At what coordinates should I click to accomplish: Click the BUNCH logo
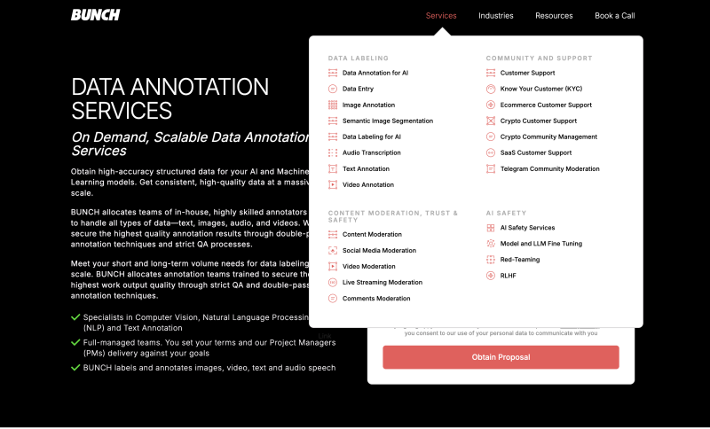(x=95, y=15)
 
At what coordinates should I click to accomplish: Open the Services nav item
(x=441, y=16)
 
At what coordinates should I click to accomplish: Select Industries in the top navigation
(x=496, y=16)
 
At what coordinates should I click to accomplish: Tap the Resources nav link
(x=554, y=16)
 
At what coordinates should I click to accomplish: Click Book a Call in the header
(x=614, y=16)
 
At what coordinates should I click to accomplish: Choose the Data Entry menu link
(x=358, y=89)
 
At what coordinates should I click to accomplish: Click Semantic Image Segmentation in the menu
(x=388, y=121)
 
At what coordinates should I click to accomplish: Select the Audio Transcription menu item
(x=371, y=152)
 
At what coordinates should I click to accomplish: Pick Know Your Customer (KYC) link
(x=540, y=89)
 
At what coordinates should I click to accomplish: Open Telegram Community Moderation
(x=549, y=168)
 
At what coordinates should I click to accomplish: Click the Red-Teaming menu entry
(x=519, y=260)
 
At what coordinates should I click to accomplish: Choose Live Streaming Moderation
(x=382, y=283)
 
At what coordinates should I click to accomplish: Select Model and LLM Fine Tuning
(x=540, y=244)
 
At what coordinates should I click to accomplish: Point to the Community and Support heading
(x=539, y=58)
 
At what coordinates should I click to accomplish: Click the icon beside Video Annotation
(x=333, y=184)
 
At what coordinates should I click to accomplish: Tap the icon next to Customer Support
(x=491, y=73)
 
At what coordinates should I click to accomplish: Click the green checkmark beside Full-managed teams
(x=75, y=342)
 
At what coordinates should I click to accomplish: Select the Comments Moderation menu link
(x=376, y=299)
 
